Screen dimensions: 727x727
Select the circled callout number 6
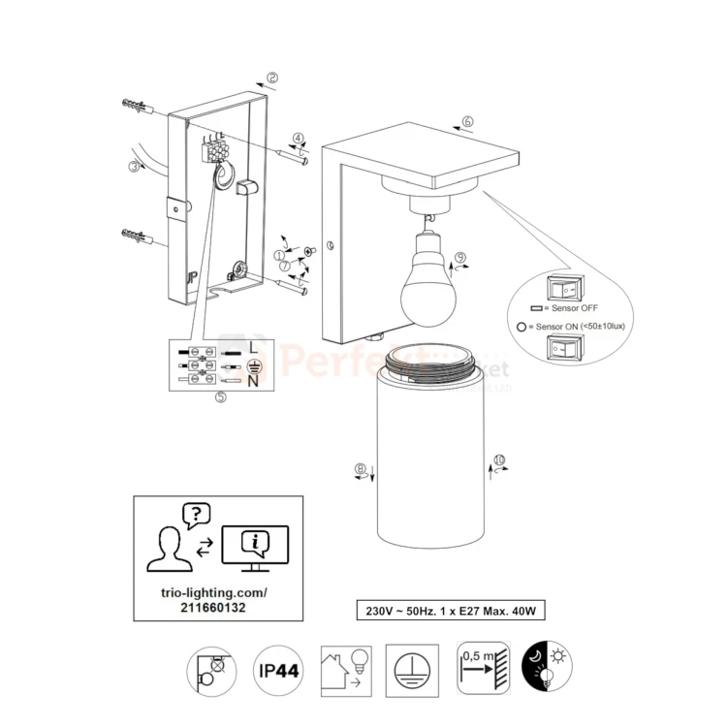pos(467,122)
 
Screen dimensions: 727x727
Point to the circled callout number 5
pos(221,397)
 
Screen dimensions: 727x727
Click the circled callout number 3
pos(134,166)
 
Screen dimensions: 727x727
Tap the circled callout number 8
pos(361,470)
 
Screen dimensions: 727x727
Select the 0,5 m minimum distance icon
pos(482,669)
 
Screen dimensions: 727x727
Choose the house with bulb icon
pos(345,670)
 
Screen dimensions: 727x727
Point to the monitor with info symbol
pos(255,545)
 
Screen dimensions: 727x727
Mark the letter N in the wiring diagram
pos(253,381)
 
